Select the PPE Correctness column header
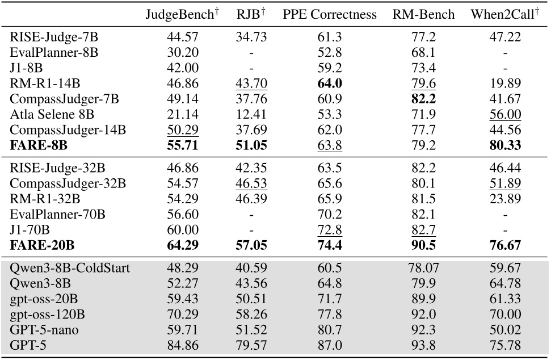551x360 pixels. [330, 15]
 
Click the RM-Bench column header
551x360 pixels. [423, 15]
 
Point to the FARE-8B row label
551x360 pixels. [39, 145]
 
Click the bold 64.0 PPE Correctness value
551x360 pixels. [330, 84]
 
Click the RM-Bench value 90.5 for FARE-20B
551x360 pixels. [423, 246]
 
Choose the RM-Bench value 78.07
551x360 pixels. [423, 268]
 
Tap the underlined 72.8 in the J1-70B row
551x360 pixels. [330, 231]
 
